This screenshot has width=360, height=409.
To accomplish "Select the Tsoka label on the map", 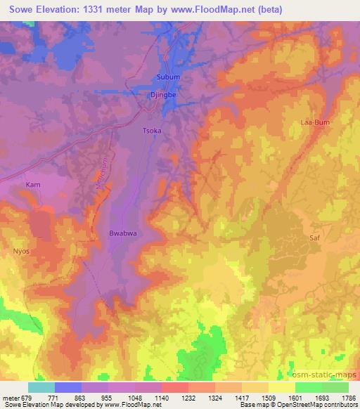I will click(x=153, y=130).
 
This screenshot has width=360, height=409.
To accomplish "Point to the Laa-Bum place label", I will click(x=316, y=122).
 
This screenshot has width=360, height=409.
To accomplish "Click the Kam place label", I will click(x=33, y=184).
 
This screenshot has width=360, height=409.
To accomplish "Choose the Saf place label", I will click(x=314, y=239).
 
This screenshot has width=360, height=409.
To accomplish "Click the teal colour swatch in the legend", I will click(x=41, y=387).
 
